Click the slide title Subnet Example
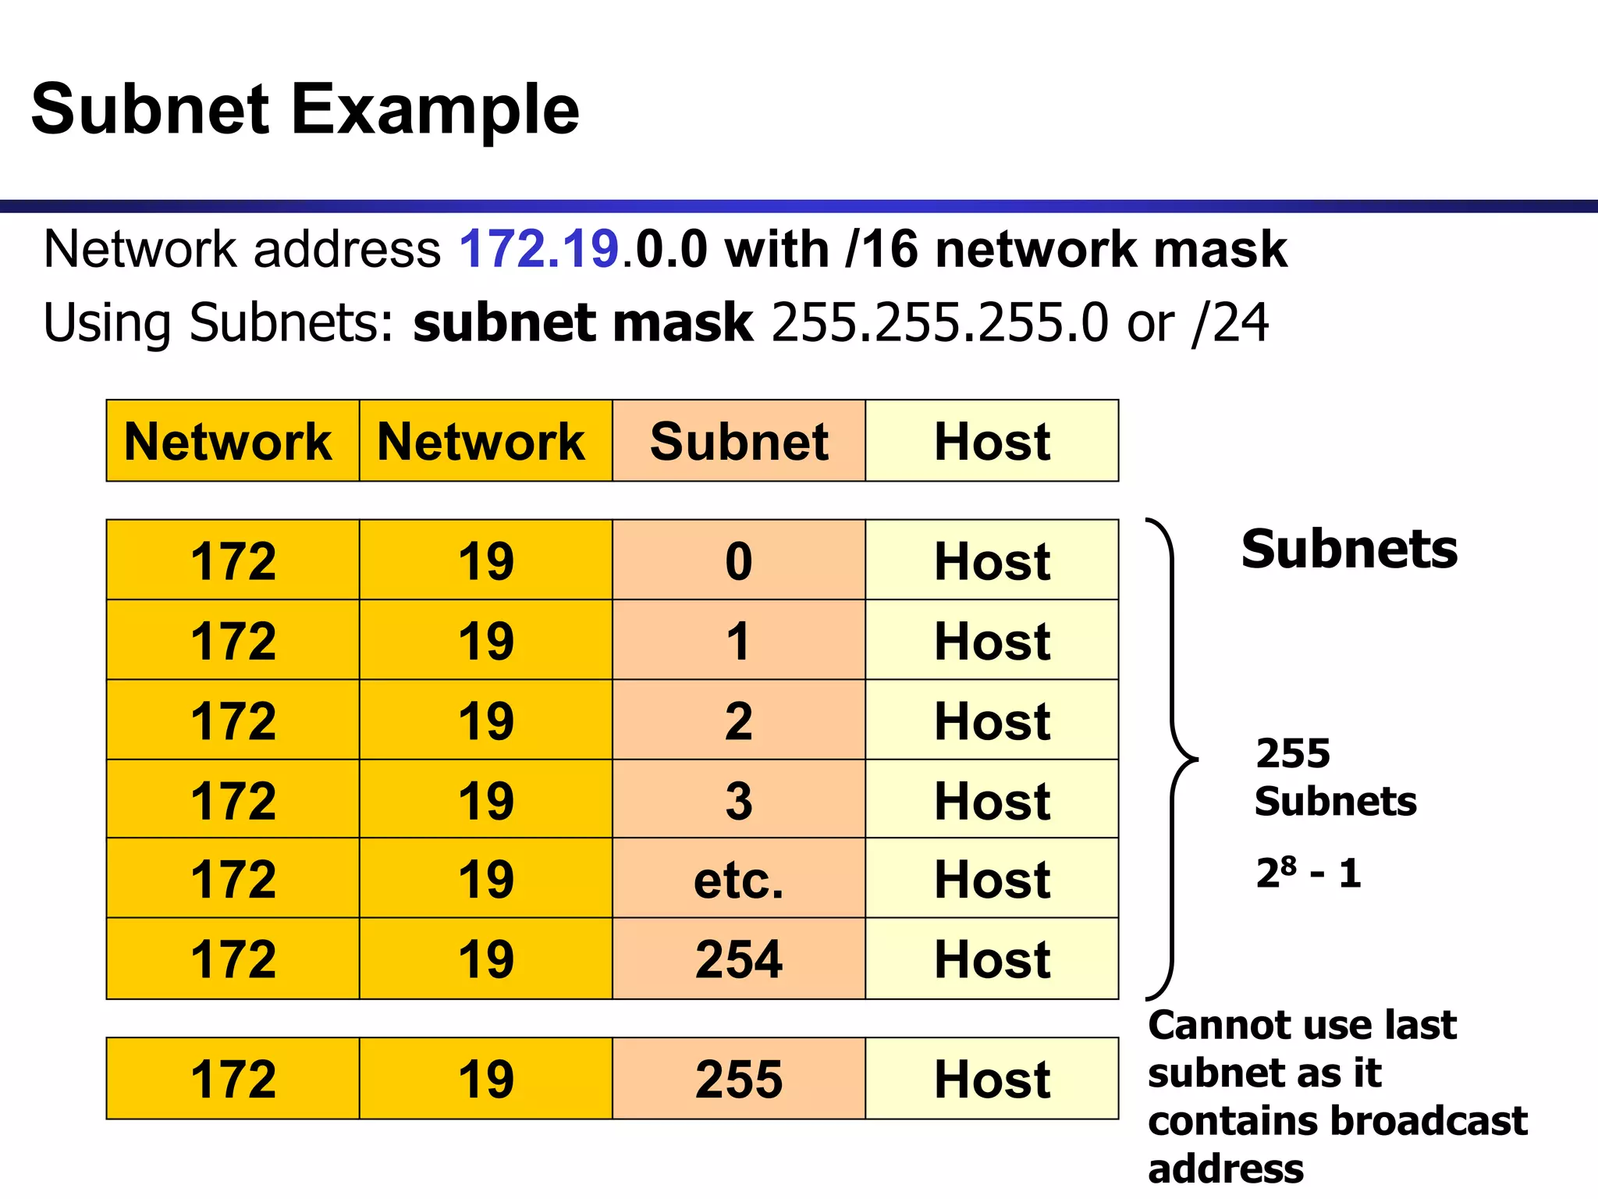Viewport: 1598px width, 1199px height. click(304, 109)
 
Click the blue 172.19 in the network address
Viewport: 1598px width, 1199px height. click(538, 250)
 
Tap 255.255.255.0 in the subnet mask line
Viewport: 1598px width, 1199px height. click(939, 323)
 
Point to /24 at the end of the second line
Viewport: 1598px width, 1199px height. click(1230, 323)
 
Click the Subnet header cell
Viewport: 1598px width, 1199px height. click(738, 441)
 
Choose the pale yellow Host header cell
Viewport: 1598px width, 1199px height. click(992, 441)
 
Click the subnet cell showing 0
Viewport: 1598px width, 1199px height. click(738, 560)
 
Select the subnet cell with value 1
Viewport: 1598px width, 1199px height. click(738, 641)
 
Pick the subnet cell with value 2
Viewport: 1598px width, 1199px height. click(738, 720)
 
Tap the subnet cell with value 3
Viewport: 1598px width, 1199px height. click(738, 800)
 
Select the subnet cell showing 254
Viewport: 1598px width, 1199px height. click(738, 959)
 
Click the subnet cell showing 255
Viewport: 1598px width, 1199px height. click(738, 1079)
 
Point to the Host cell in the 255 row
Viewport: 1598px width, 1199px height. click(992, 1079)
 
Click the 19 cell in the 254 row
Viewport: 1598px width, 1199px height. click(485, 959)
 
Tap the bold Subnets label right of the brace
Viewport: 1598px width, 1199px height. click(1349, 549)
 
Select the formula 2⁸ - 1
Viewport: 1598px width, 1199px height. click(1309, 873)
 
